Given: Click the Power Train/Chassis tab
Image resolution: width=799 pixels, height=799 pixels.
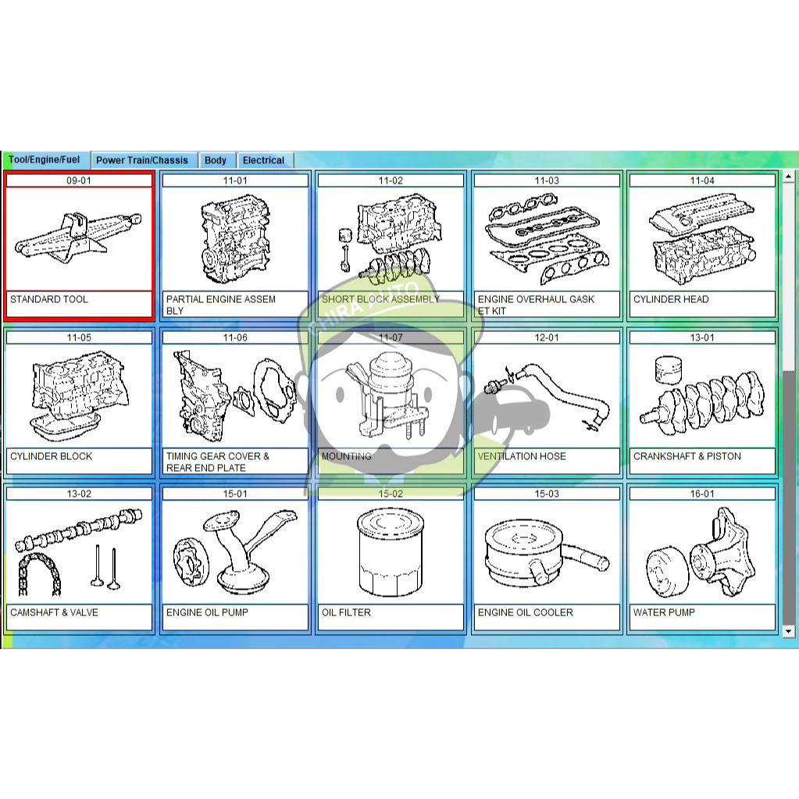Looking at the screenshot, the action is coord(142,160).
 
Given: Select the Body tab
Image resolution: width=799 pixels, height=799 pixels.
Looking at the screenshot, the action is coord(215,160).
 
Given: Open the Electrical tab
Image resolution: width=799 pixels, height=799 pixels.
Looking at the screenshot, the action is coord(263,160).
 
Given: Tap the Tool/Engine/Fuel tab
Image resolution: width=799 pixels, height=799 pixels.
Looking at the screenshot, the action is coord(45,159).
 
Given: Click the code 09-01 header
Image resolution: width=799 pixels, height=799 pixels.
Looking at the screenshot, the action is coord(79,180).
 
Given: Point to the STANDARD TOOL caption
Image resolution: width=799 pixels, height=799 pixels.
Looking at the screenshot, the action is coord(49,299).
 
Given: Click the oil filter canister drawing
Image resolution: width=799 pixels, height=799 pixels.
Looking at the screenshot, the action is coord(391,553).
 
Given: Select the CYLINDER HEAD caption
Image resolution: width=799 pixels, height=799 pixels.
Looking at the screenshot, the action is coord(671,299).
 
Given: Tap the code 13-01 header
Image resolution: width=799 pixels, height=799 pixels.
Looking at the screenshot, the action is coord(701,337).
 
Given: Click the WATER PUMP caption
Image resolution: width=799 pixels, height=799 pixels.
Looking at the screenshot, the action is coord(663,612).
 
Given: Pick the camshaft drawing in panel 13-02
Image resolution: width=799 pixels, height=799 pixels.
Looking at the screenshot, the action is coord(79,530).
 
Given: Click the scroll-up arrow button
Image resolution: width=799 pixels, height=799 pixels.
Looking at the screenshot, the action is coord(788,177).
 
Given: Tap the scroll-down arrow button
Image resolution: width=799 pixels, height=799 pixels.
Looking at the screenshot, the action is coord(788,631).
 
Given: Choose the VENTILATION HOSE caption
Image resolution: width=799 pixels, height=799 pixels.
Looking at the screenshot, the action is coord(521,456).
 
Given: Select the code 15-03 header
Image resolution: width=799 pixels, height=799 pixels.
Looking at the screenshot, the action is coord(546,494).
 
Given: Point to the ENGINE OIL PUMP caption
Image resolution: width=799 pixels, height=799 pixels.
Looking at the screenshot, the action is coord(207,612).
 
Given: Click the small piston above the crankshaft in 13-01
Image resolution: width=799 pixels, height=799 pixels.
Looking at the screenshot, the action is coord(668,370).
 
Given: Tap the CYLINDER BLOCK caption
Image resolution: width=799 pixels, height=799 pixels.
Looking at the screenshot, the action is coord(51,456).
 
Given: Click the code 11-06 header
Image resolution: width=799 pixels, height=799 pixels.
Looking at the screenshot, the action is coord(235,337).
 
